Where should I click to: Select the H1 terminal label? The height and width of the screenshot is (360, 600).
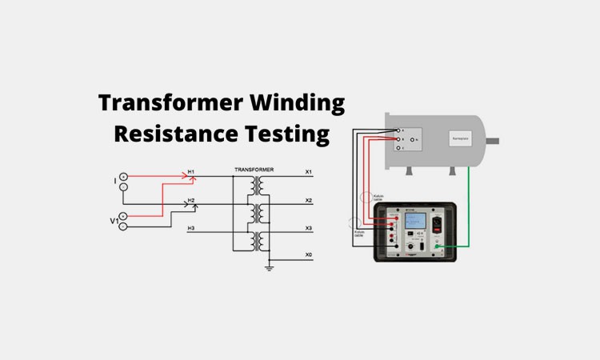pos(191,171)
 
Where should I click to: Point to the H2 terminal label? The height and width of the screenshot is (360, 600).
pos(191,200)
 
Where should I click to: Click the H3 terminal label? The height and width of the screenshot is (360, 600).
pos(191,229)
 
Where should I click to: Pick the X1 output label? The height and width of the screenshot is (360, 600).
pos(309,172)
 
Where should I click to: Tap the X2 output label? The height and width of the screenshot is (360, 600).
pos(309,200)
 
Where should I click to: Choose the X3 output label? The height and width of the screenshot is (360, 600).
pos(309,228)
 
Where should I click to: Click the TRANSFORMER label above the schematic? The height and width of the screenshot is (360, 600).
pos(254,170)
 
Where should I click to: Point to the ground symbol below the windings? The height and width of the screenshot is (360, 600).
pos(270,268)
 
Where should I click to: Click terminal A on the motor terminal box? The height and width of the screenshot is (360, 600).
pos(400,130)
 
